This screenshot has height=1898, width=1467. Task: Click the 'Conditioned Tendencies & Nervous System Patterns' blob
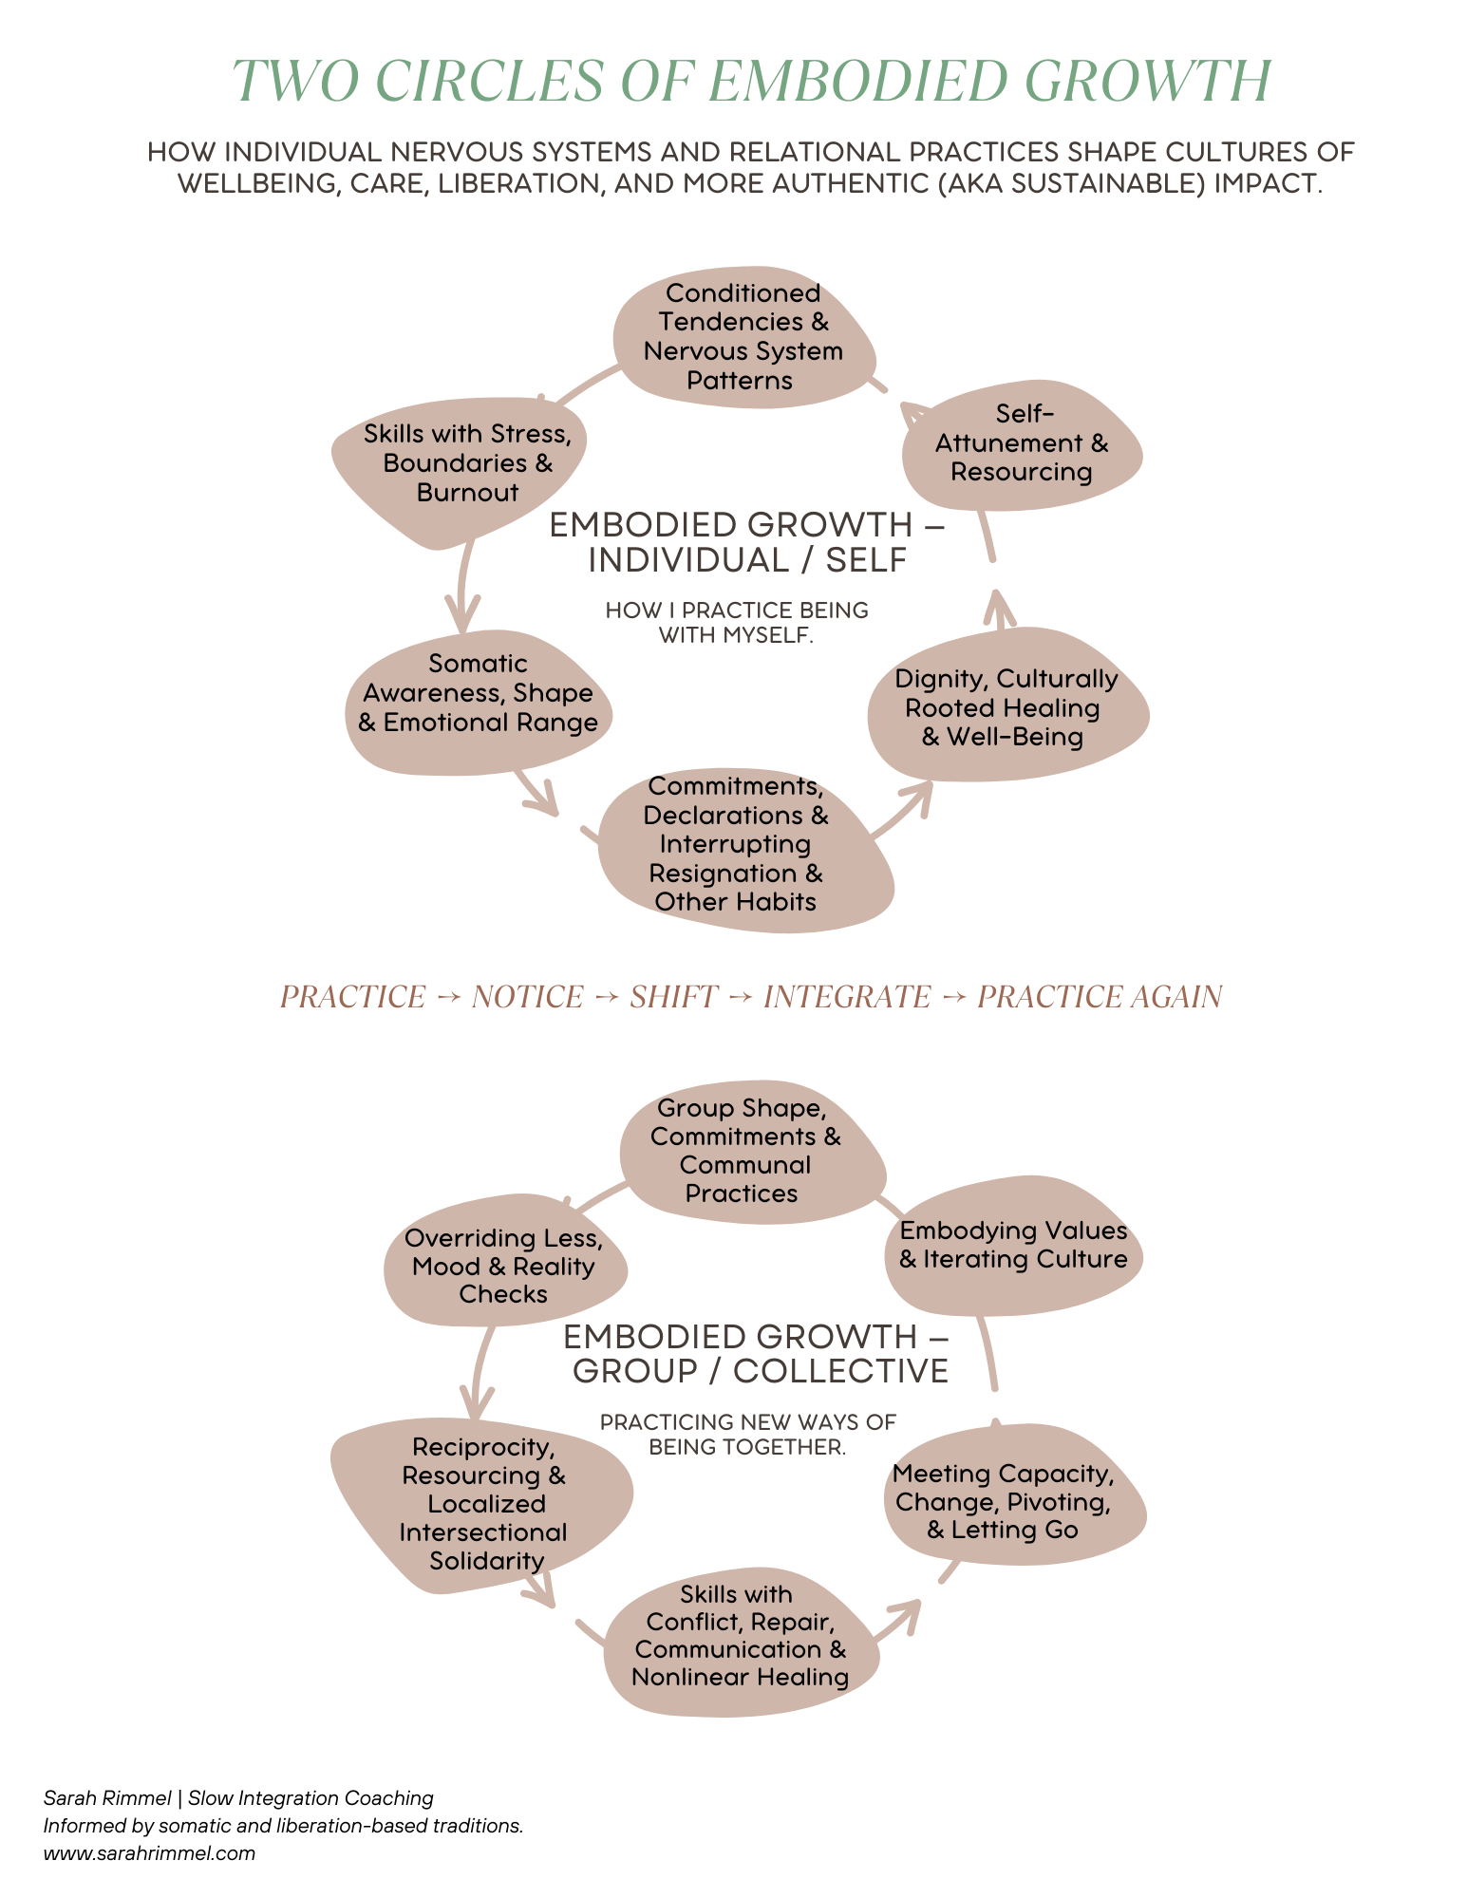tap(743, 337)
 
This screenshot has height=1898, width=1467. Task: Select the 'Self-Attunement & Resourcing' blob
tap(1022, 443)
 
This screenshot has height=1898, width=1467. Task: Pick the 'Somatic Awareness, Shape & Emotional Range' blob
tap(479, 695)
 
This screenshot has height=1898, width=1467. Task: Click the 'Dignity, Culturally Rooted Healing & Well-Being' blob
tap(1006, 708)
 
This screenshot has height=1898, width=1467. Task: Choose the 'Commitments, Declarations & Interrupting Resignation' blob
tap(737, 845)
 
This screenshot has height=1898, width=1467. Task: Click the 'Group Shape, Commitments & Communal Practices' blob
tap(746, 1151)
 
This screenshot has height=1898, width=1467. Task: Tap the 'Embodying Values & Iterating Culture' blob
tap(1013, 1246)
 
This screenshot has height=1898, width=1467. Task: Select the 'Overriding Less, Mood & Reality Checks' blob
tap(504, 1266)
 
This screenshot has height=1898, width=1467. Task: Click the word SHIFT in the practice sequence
tap(674, 997)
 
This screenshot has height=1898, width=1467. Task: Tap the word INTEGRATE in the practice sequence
tap(847, 997)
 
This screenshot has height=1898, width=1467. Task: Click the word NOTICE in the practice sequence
tap(528, 997)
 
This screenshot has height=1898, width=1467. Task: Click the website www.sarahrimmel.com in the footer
tap(149, 1852)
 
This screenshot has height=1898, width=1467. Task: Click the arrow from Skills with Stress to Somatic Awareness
tap(462, 584)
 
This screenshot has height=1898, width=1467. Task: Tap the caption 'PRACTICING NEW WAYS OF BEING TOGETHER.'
tap(747, 1434)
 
